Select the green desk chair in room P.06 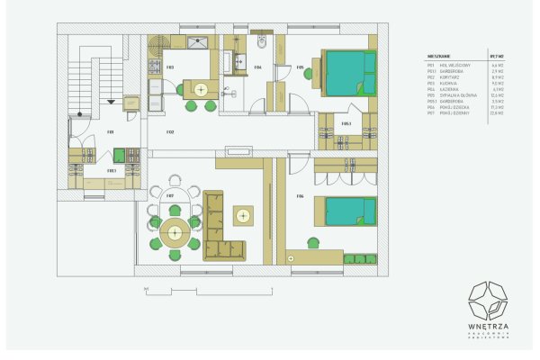313,243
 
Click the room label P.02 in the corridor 169,132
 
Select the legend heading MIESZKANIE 442,55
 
